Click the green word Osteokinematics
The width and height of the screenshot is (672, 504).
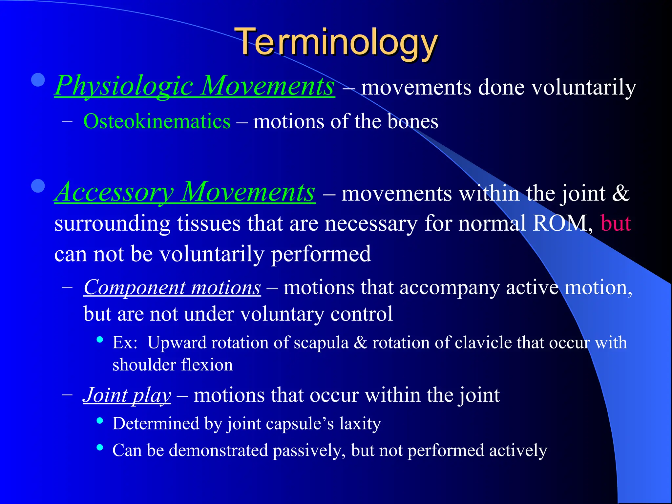157,122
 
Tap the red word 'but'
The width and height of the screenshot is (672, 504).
616,224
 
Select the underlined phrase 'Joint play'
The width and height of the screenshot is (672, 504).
127,395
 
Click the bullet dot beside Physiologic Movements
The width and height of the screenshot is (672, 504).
38,80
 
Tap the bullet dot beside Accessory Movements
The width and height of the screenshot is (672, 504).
38,186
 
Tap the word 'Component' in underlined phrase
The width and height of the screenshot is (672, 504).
135,288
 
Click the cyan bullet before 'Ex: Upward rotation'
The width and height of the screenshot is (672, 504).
100,339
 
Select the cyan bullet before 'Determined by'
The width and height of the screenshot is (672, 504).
100,420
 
